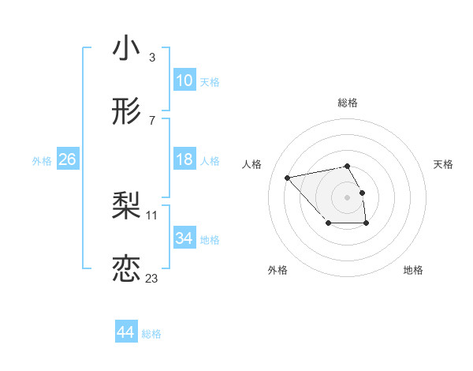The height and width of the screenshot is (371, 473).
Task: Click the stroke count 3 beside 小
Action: tap(151, 58)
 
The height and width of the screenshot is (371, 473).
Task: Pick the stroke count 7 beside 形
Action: tap(151, 121)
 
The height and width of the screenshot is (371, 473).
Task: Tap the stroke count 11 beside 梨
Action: tap(152, 215)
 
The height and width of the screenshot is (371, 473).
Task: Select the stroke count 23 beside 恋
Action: tap(151, 278)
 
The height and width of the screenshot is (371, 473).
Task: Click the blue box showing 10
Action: tap(184, 80)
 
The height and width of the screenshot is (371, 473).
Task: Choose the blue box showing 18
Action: tap(184, 159)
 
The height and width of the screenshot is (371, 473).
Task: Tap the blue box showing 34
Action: tap(184, 238)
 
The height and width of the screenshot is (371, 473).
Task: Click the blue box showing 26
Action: tap(67, 159)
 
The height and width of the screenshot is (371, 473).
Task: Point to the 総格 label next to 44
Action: tap(151, 334)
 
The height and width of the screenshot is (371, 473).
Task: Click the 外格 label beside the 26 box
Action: tap(42, 161)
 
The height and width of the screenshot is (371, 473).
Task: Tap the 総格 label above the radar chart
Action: tap(348, 103)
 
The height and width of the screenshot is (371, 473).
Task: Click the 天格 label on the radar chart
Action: tap(444, 164)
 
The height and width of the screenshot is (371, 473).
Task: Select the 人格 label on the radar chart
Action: tap(252, 164)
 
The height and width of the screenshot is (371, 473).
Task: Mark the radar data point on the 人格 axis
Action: tap(288, 177)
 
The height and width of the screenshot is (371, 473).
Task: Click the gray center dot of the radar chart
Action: tap(348, 197)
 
